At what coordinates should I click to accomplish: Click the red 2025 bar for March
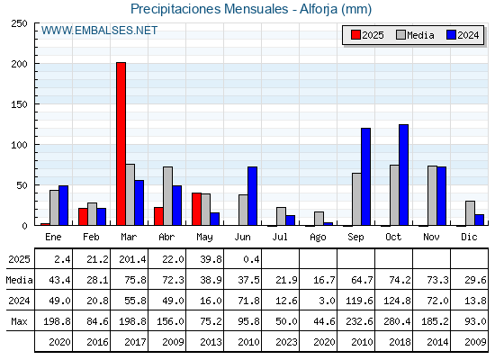[121, 144]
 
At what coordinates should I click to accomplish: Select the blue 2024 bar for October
[404, 175]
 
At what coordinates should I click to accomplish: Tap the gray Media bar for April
[167, 196]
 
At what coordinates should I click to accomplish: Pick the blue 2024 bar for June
[252, 196]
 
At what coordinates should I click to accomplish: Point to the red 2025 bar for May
[197, 209]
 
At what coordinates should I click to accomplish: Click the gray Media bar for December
[470, 213]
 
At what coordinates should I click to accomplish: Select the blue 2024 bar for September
[365, 176]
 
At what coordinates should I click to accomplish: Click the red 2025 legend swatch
[355, 35]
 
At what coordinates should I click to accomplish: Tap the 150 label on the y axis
[19, 104]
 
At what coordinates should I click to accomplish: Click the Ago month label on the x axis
[318, 238]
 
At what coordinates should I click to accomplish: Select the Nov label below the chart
[431, 237]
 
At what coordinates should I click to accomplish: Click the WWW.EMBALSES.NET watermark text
[99, 31]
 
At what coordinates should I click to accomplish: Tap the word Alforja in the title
[319, 9]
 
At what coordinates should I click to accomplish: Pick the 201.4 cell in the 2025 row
[132, 259]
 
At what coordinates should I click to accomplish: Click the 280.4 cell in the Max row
[397, 321]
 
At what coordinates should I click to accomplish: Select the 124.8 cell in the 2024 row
[397, 301]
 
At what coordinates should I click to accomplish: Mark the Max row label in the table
[19, 321]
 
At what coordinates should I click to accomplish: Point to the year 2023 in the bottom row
[286, 342]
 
